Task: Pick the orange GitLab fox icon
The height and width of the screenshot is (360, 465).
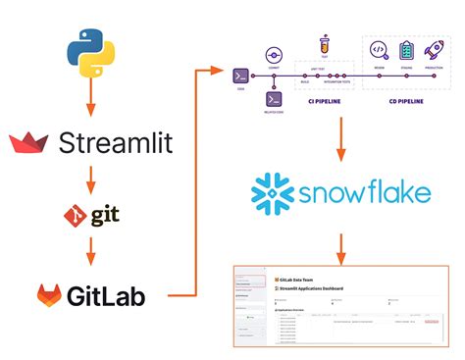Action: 53,293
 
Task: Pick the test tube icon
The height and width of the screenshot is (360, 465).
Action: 323,45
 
